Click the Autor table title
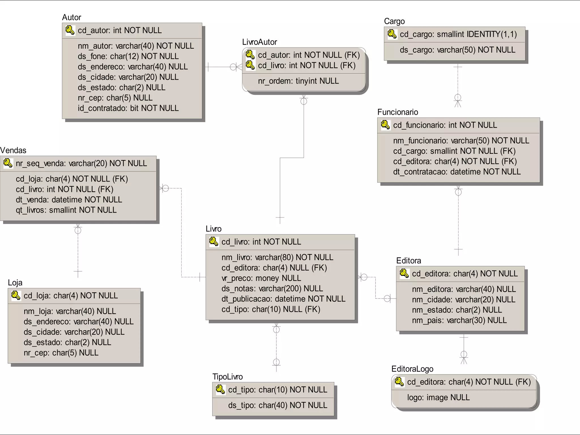tap(71, 18)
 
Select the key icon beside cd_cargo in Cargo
tap(392, 34)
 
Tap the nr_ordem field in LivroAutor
tap(298, 81)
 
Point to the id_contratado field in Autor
tap(128, 108)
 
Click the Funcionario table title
tap(397, 112)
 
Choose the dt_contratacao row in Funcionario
tap(457, 172)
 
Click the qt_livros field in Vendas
tap(66, 210)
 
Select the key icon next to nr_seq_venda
tap(8, 163)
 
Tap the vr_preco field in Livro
tap(261, 278)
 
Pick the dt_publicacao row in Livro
tap(283, 299)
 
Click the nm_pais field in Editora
tap(459, 320)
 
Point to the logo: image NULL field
tap(438, 398)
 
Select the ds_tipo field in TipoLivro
tap(278, 405)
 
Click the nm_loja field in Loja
tap(70, 311)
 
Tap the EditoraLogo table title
tap(412, 369)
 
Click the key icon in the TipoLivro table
tap(220, 389)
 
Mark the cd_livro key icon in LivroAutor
tap(250, 65)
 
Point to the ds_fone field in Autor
tap(128, 56)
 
